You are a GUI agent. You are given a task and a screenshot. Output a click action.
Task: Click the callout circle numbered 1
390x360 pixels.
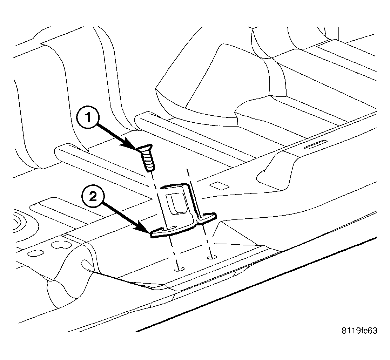(x=88, y=118)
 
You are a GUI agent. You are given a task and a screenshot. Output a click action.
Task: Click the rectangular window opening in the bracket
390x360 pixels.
(x=176, y=203)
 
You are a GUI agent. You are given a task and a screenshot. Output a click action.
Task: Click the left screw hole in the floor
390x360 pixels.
(x=179, y=269)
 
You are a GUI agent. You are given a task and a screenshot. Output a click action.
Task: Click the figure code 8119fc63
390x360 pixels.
(x=359, y=331)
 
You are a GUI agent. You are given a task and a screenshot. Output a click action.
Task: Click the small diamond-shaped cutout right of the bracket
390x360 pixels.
(x=219, y=186)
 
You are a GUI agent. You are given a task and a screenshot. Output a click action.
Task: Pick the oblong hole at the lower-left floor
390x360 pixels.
(x=35, y=253)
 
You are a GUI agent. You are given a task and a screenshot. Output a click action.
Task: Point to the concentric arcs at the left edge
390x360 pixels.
(x=23, y=223)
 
